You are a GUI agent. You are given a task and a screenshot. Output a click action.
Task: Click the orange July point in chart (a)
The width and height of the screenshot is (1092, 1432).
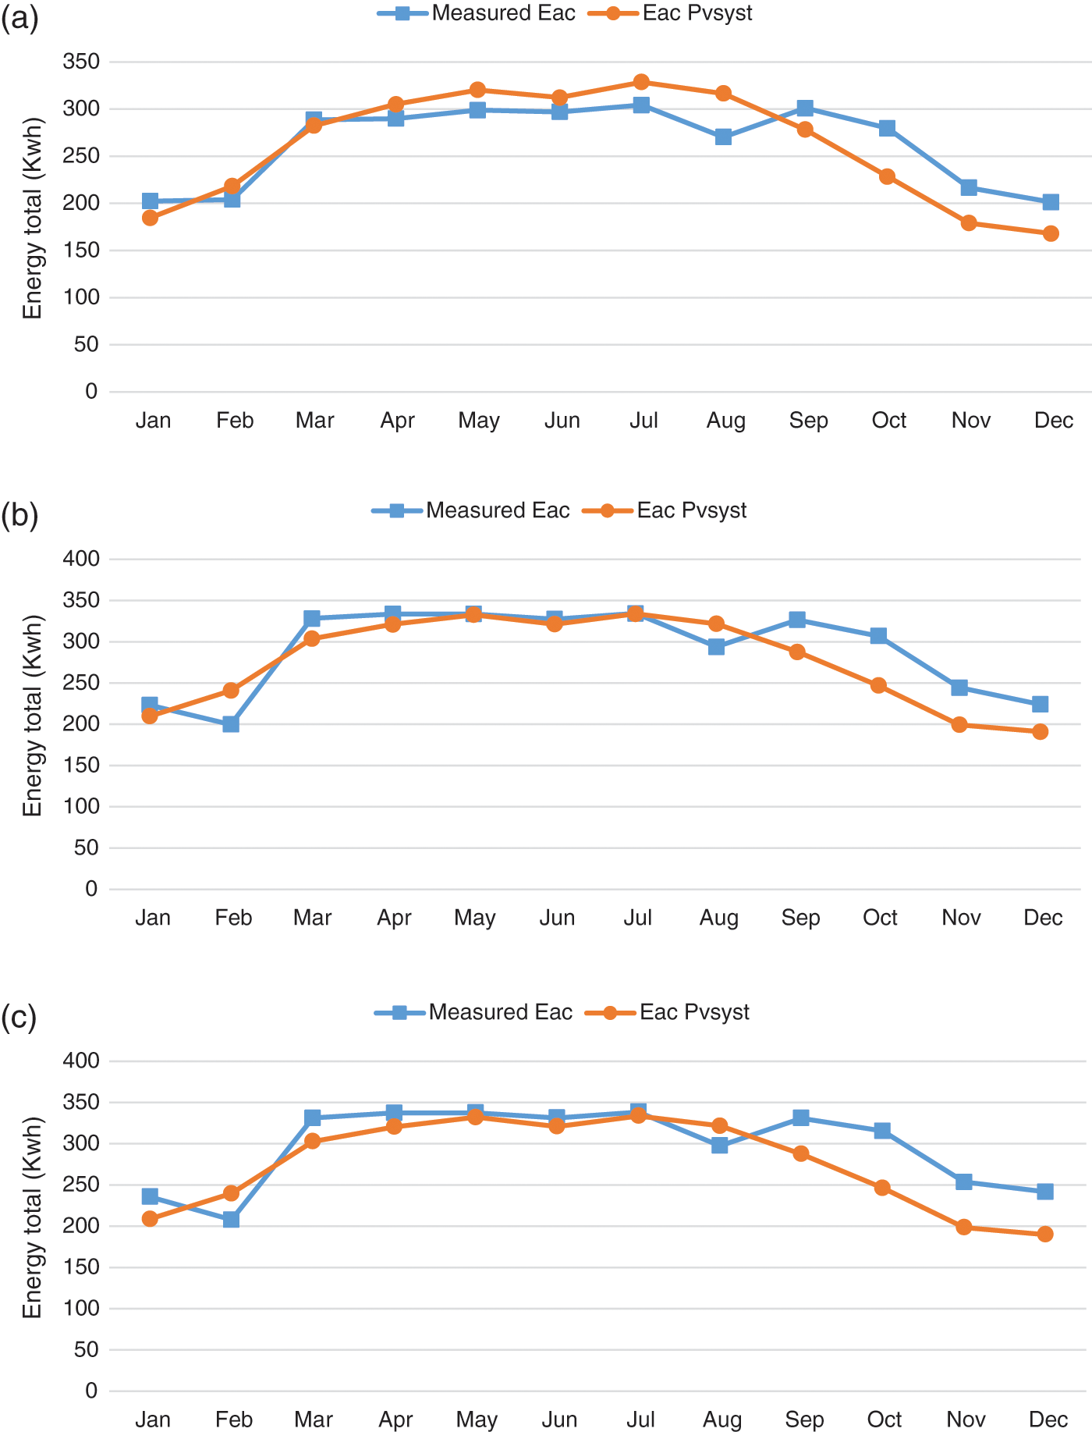pyautogui.click(x=641, y=82)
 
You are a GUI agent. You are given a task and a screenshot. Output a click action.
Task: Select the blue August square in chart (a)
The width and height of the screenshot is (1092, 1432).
pyautogui.click(x=723, y=137)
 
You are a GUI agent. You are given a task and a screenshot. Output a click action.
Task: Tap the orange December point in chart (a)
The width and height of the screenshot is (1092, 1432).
pyautogui.click(x=1051, y=233)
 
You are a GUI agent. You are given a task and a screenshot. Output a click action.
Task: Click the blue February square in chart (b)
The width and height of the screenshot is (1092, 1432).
pyautogui.click(x=231, y=724)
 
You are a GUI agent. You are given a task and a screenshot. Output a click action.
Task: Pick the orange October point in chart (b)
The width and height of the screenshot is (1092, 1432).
pyautogui.click(x=878, y=685)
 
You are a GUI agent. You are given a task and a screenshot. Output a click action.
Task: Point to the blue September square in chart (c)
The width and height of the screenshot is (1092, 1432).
pyautogui.click(x=801, y=1118)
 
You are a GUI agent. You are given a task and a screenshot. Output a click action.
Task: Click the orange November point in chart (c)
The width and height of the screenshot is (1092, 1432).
pyautogui.click(x=964, y=1227)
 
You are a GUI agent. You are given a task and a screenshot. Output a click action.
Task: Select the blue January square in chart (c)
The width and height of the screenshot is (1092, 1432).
pyautogui.click(x=150, y=1196)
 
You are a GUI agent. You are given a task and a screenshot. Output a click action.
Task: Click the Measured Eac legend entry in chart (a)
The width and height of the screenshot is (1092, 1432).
pyautogui.click(x=477, y=13)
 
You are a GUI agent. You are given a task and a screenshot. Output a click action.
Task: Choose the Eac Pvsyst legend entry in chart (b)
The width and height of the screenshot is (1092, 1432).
pyautogui.click(x=665, y=510)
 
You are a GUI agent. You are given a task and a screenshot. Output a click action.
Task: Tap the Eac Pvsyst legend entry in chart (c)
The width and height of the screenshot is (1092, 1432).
pyautogui.click(x=668, y=1012)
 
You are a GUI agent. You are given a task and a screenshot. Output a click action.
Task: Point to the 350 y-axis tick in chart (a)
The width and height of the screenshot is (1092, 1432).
pyautogui.click(x=81, y=62)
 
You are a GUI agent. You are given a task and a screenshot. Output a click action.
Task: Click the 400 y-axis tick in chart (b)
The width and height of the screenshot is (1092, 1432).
pyautogui.click(x=81, y=559)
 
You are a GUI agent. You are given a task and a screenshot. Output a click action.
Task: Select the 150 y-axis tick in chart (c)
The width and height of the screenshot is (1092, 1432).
pyautogui.click(x=81, y=1267)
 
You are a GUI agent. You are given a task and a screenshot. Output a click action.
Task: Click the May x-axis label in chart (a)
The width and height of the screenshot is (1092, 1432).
pyautogui.click(x=478, y=421)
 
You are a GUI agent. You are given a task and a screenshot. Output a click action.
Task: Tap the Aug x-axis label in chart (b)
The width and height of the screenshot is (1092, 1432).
pyautogui.click(x=718, y=918)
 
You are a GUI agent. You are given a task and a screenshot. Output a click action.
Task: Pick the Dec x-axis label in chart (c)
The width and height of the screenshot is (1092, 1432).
pyautogui.click(x=1048, y=1419)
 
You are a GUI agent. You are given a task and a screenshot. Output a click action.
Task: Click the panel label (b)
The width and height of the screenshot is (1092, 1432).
pyautogui.click(x=19, y=515)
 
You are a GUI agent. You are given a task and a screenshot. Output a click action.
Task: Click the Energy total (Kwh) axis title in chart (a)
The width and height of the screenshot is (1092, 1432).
pyautogui.click(x=32, y=219)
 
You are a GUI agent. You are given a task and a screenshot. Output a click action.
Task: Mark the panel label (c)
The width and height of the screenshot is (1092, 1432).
pyautogui.click(x=19, y=1017)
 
